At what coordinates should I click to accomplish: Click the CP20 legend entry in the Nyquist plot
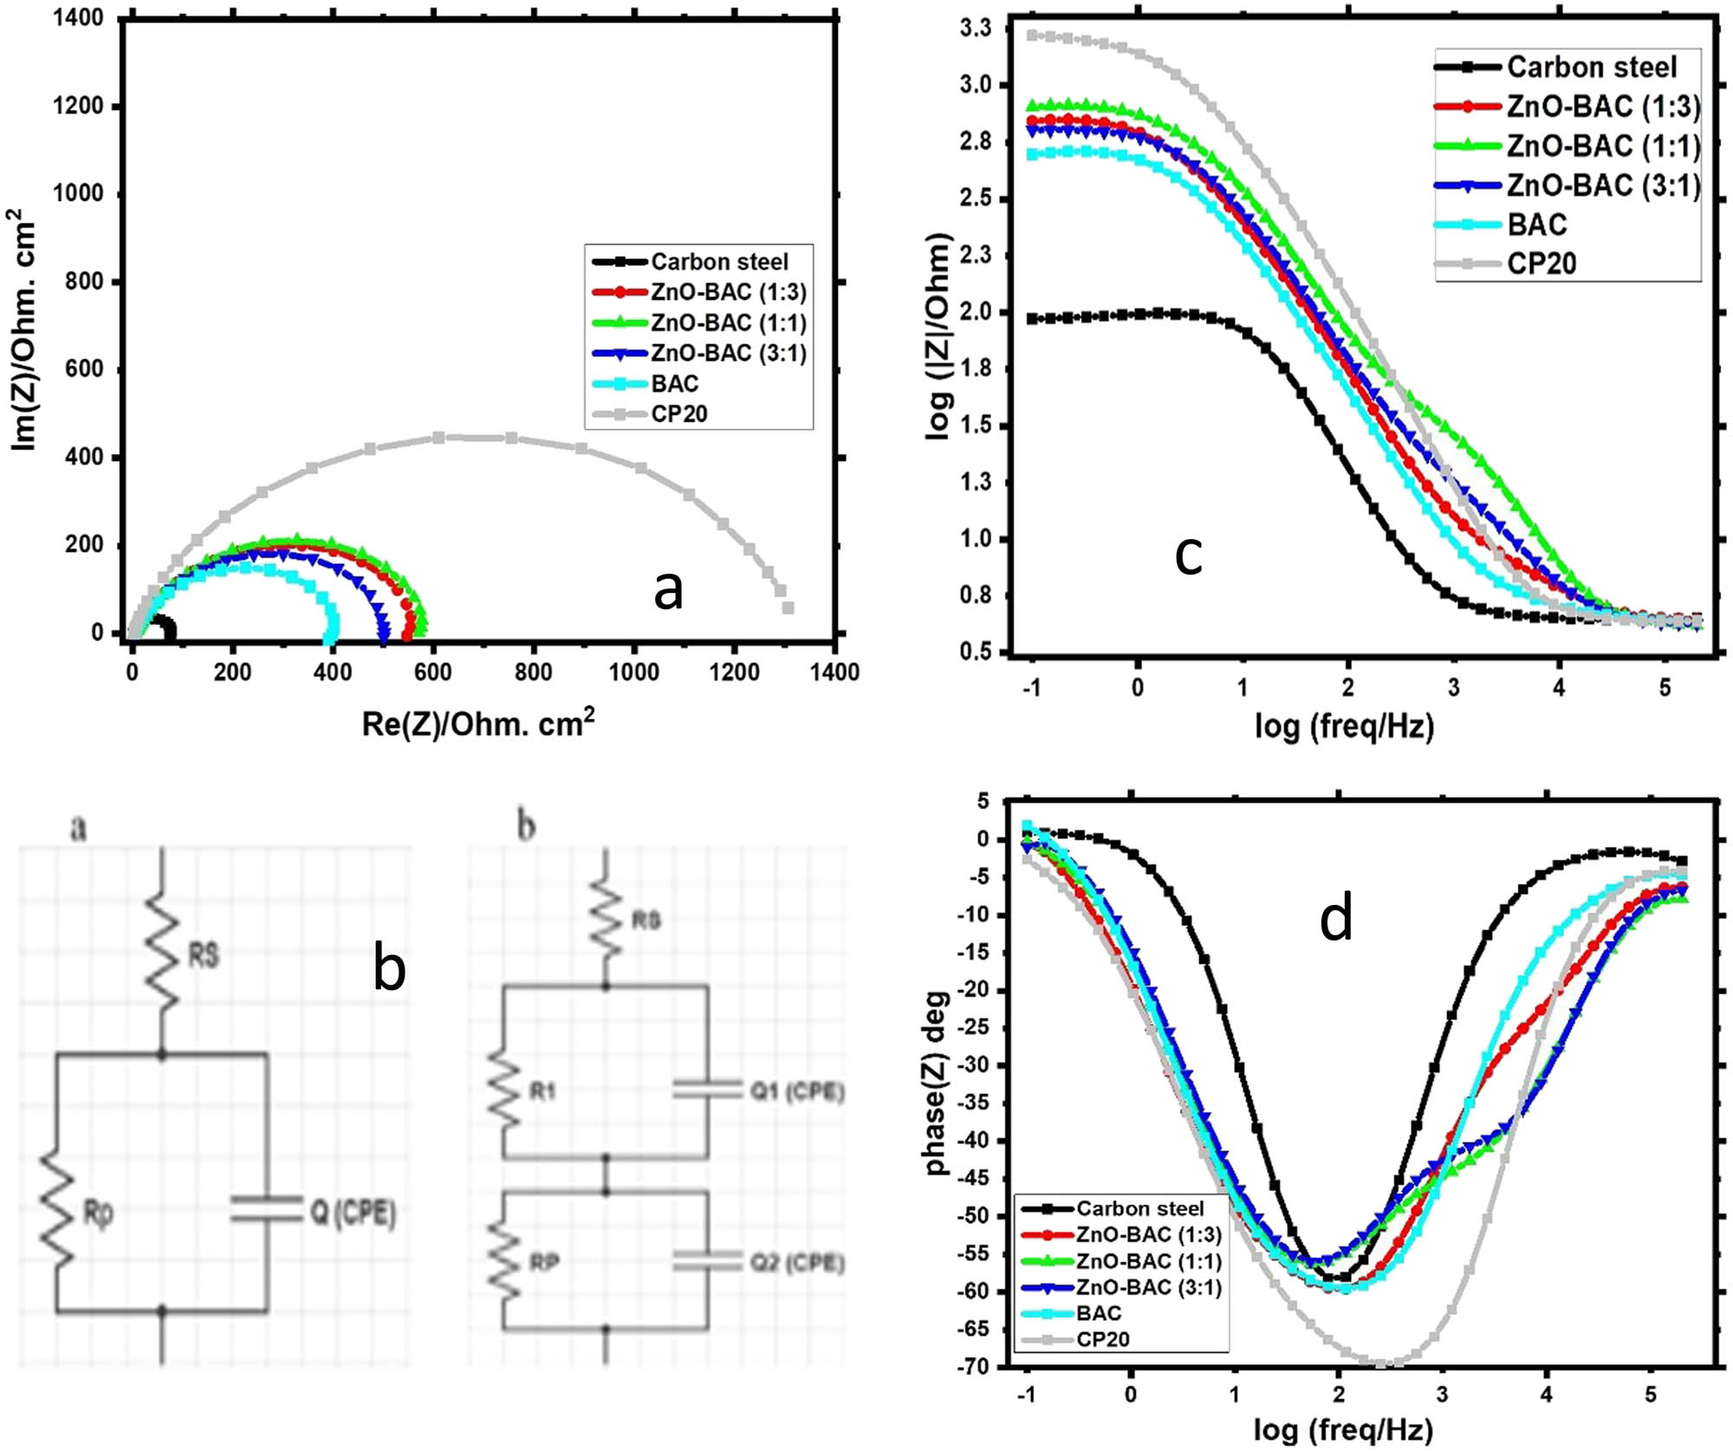click(x=679, y=414)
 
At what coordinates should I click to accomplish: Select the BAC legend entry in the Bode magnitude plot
click(x=1537, y=224)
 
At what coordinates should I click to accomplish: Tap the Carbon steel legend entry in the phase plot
click(x=1139, y=1208)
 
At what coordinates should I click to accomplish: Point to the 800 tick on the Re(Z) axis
click(x=533, y=673)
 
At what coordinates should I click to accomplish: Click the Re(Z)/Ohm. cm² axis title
click(x=478, y=724)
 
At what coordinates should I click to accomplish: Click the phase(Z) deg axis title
click(x=937, y=1083)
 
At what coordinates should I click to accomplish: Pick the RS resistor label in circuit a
click(x=204, y=956)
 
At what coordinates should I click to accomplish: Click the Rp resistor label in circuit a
click(x=98, y=1214)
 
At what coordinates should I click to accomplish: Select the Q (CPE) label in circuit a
click(x=354, y=1213)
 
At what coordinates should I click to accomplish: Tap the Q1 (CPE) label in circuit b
click(x=797, y=1091)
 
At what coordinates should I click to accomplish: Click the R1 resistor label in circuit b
click(x=542, y=1091)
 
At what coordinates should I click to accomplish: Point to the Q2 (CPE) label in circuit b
click(x=797, y=1263)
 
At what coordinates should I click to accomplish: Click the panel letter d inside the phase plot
click(x=1335, y=920)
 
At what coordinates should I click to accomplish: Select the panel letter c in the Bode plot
click(x=1188, y=555)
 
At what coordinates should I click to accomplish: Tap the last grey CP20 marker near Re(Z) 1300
click(x=788, y=608)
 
